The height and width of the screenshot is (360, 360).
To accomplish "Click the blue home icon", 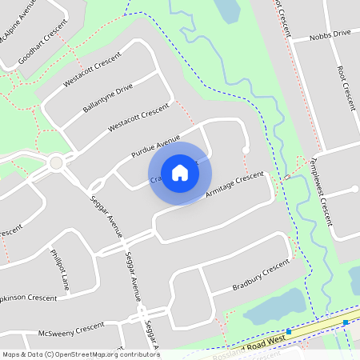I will coord(179,173).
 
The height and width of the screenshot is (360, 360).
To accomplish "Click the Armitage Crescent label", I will coord(234,185).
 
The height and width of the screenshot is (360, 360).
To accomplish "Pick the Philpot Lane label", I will coord(61,270).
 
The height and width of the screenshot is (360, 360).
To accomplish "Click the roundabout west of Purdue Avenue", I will coord(56,163).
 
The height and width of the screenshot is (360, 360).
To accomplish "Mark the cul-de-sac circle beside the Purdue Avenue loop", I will coord(246,150).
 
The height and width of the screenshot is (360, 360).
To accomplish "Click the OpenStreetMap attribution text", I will coord(80,354).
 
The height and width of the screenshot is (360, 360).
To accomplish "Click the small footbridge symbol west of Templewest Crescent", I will coord(286,176).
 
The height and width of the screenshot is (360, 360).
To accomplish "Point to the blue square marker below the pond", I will coord(288,331).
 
